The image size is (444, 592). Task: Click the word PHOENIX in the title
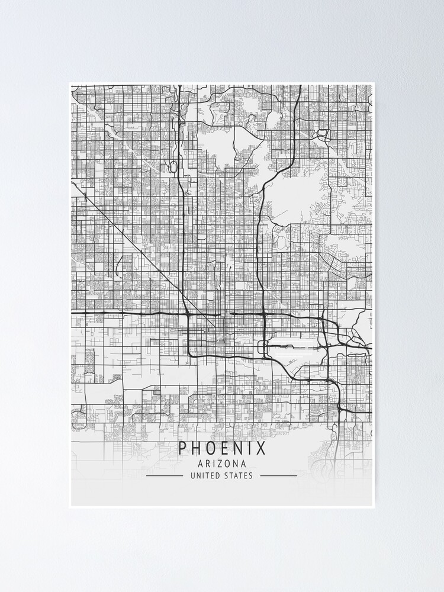222,448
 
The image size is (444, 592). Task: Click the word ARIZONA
222,464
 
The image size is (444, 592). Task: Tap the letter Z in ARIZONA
222,464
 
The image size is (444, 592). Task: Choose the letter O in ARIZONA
229,464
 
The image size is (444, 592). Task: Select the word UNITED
204,475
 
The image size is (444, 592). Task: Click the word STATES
239,475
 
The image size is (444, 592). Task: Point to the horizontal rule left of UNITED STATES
165,475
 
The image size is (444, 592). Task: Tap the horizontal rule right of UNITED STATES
279,475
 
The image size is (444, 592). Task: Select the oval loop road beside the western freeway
172,168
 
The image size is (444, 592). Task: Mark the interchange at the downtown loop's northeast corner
263,314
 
